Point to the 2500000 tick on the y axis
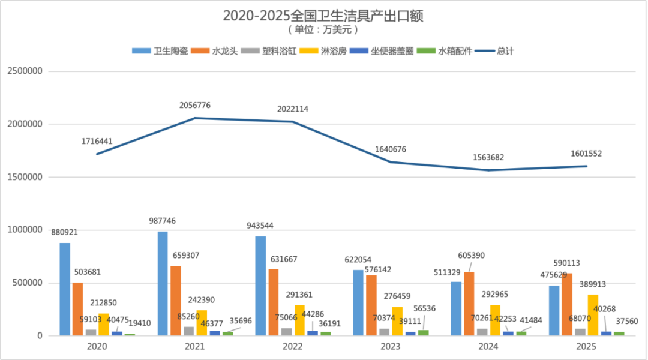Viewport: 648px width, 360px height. [24, 71]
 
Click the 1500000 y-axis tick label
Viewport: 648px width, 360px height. [24, 178]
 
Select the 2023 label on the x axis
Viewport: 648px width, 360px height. [391, 347]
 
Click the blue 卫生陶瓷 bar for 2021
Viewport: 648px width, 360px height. [163, 283]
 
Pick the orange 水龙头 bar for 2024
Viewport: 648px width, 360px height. [469, 304]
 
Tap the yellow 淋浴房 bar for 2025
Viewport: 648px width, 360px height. [593, 315]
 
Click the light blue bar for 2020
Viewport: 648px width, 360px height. [65, 289]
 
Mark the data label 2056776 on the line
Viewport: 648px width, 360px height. [195, 106]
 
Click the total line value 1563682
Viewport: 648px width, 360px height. [488, 158]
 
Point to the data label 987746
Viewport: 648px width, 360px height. [163, 221]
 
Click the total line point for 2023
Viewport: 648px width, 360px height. [391, 162]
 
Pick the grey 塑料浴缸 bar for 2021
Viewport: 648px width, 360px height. [189, 331]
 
